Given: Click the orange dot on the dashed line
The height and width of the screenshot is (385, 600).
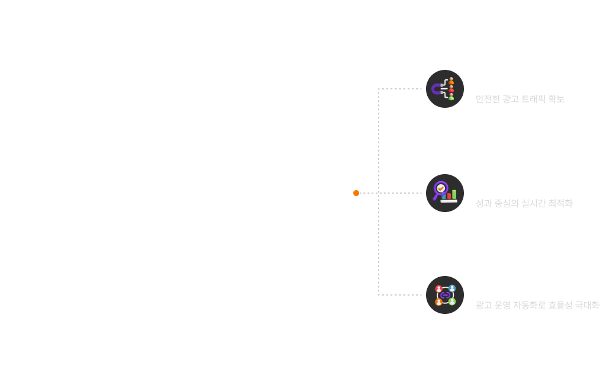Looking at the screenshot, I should tap(356, 193).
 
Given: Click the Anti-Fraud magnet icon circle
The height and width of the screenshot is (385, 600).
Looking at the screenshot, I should tap(445, 89).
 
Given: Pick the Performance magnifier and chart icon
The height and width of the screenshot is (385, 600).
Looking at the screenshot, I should tap(445, 193).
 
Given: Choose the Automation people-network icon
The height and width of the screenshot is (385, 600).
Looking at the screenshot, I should tap(445, 295).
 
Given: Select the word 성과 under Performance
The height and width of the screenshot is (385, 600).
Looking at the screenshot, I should tap(483, 204).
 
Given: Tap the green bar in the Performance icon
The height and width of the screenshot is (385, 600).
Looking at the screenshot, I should tap(454, 194).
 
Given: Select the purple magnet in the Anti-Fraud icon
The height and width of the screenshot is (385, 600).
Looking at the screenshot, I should tap(437, 89).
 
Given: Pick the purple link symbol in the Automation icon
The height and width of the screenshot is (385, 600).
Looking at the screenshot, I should tap(445, 295).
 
